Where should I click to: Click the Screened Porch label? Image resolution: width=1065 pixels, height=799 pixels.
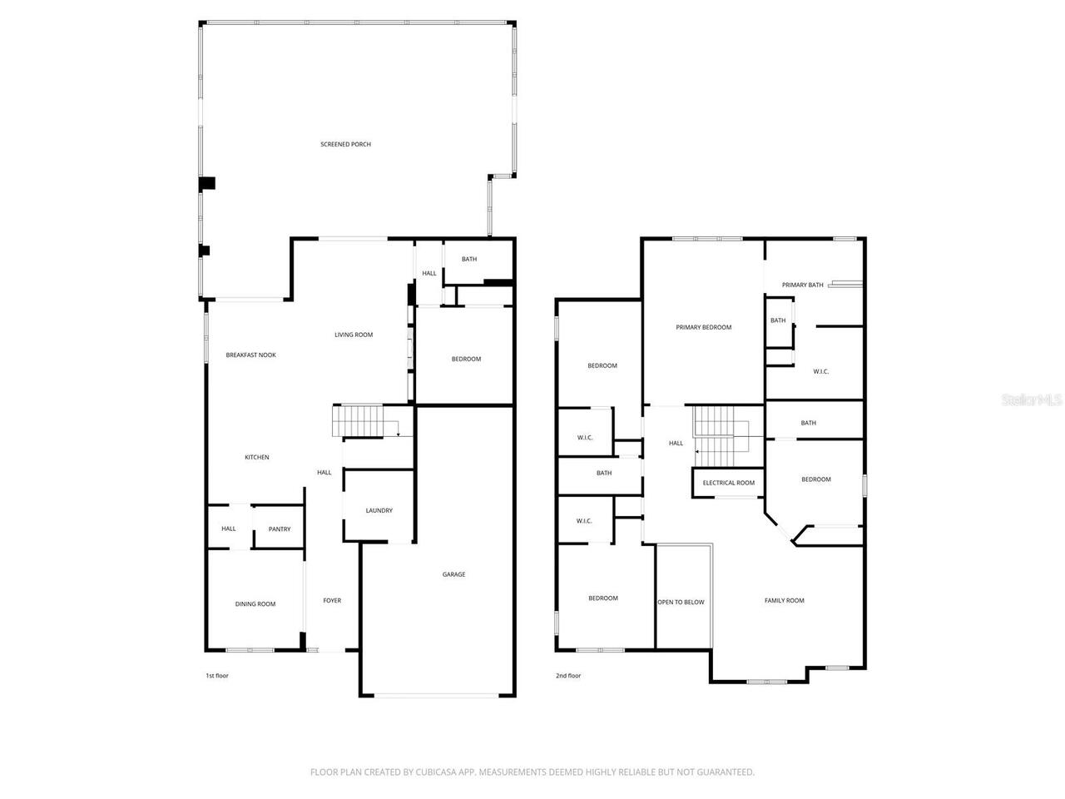[345, 145]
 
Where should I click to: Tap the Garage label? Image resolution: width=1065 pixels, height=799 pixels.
[453, 574]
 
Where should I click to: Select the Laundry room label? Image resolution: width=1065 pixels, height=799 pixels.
[379, 510]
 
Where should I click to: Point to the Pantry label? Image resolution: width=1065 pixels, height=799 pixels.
[280, 529]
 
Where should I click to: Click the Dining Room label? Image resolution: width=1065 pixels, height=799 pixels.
[255, 604]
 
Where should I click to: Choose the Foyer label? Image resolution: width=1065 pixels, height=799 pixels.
[332, 600]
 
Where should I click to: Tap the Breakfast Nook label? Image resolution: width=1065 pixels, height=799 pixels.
[250, 355]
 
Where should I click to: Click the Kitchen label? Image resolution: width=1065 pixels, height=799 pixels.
[256, 457]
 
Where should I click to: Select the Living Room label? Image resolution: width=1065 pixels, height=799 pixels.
[354, 335]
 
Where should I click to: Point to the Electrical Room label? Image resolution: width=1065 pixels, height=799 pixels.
[728, 483]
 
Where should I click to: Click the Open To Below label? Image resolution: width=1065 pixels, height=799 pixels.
[681, 602]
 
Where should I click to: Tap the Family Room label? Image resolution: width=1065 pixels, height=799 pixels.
[784, 600]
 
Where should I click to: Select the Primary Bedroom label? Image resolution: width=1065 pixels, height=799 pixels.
[703, 327]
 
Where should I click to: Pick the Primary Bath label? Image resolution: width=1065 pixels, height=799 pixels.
[802, 285]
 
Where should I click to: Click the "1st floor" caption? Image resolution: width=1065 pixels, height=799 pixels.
[217, 676]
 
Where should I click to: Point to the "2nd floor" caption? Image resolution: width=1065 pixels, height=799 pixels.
[568, 676]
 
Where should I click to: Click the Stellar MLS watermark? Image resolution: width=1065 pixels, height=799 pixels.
[1032, 399]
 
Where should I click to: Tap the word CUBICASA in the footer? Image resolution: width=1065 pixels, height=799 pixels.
[438, 772]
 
